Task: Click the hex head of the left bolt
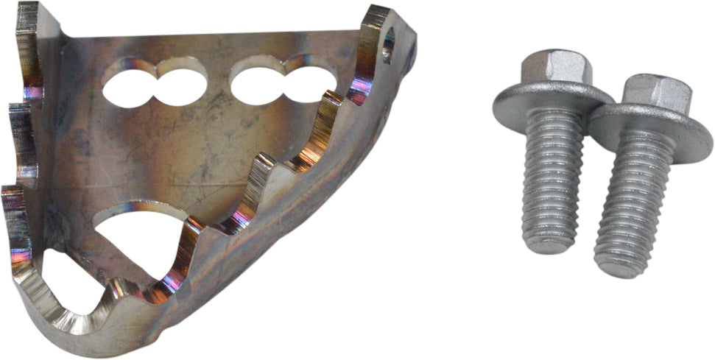click(x=552, y=70)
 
